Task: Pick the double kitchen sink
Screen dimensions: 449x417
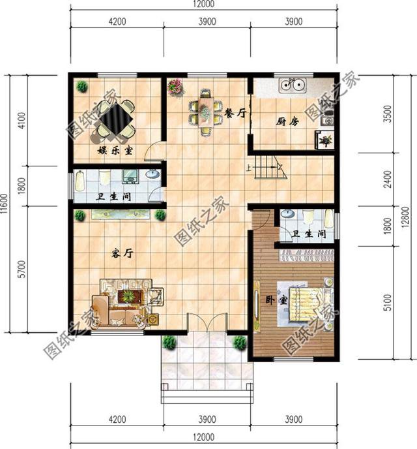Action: pyautogui.click(x=293, y=84)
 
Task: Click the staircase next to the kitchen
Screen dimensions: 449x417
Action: pyautogui.click(x=266, y=168)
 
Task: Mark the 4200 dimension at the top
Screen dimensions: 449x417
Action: pyautogui.click(x=117, y=22)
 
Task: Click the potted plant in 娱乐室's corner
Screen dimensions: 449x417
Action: pyautogui.click(x=82, y=85)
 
